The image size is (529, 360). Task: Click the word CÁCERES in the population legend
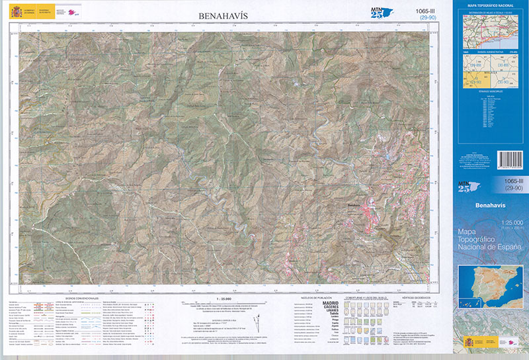[329, 308]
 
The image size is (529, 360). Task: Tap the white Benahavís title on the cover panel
[489, 205]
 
